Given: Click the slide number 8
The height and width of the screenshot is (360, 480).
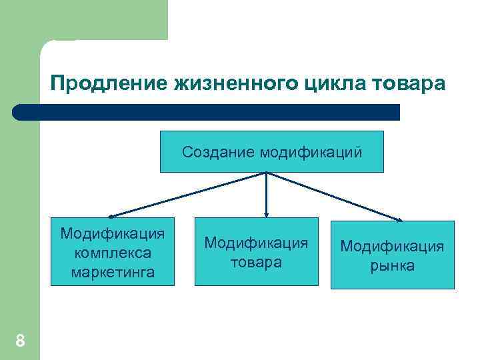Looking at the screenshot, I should coord(20,341).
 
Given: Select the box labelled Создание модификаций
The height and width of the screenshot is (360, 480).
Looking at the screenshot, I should coord(273,152).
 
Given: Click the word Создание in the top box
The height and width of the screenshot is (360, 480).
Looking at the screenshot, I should coord(219,152).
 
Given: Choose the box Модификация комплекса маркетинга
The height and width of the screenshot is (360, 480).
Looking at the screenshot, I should coord(112,252).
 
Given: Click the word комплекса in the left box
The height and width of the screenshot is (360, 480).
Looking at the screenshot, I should coord(112,253).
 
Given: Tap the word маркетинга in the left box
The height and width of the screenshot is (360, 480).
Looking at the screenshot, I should coord(112,271).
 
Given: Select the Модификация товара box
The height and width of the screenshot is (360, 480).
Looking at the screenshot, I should coord(256,252).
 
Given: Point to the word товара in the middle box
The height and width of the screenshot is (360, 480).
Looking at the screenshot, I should coord(256,262).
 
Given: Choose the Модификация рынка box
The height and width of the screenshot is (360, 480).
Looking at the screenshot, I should coord(392,255).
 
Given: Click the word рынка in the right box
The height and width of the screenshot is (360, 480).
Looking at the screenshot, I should coord(392,265).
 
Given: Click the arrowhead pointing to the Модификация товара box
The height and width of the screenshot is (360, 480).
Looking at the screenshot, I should coord(266,215).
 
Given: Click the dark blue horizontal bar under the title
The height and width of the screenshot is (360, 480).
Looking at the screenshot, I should coord(207,112).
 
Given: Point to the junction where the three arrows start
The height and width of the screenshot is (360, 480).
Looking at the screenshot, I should coord(266,173).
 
